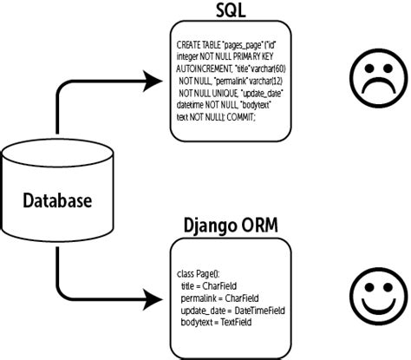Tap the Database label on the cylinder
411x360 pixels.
coord(57,201)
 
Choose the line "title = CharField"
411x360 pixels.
coord(210,285)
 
